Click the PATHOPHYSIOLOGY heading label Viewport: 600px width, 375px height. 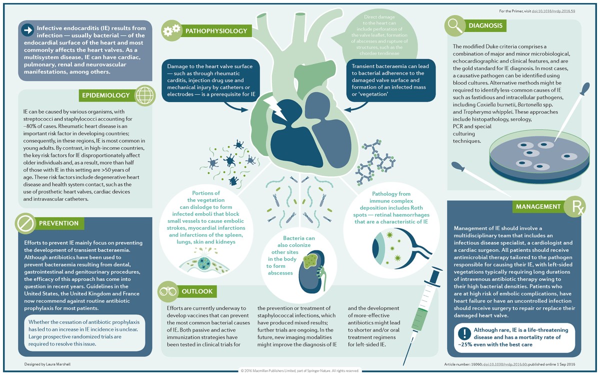point(216,31)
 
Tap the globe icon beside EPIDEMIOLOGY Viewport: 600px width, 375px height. point(144,95)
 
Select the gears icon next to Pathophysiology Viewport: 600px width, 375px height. point(171,31)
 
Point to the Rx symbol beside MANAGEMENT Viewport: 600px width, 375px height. point(573,207)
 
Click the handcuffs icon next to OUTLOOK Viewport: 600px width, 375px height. point(168,291)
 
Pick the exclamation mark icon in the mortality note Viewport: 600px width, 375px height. point(465,333)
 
